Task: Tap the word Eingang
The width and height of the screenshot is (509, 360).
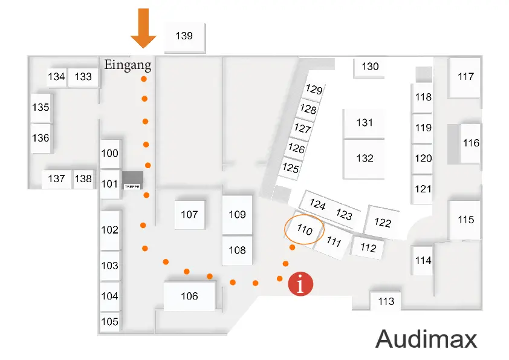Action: coord(128,64)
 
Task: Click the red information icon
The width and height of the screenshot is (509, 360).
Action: coord(300,283)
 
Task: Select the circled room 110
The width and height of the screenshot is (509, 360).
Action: coord(304,230)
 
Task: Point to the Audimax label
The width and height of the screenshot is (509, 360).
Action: coord(426,339)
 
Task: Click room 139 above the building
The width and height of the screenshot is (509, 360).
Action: coord(184,36)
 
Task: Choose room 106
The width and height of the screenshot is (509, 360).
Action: coord(189,296)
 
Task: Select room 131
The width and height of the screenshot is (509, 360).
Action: coord(365,123)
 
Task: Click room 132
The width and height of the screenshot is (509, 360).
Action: coord(365,159)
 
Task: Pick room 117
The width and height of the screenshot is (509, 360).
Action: coord(465,77)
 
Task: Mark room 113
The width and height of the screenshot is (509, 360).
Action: coord(386,301)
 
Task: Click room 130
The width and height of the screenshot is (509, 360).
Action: coord(370,67)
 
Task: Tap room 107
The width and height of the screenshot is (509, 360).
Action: coord(189,214)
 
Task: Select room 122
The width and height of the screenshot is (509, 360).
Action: coord(383,223)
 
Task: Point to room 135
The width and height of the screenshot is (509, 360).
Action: coord(41,108)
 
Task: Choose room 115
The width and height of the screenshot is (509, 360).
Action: coord(465,220)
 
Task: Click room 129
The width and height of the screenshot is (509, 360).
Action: coord(314,90)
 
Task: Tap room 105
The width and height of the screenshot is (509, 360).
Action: coord(109,322)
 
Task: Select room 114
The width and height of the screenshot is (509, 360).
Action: coord(424,261)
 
